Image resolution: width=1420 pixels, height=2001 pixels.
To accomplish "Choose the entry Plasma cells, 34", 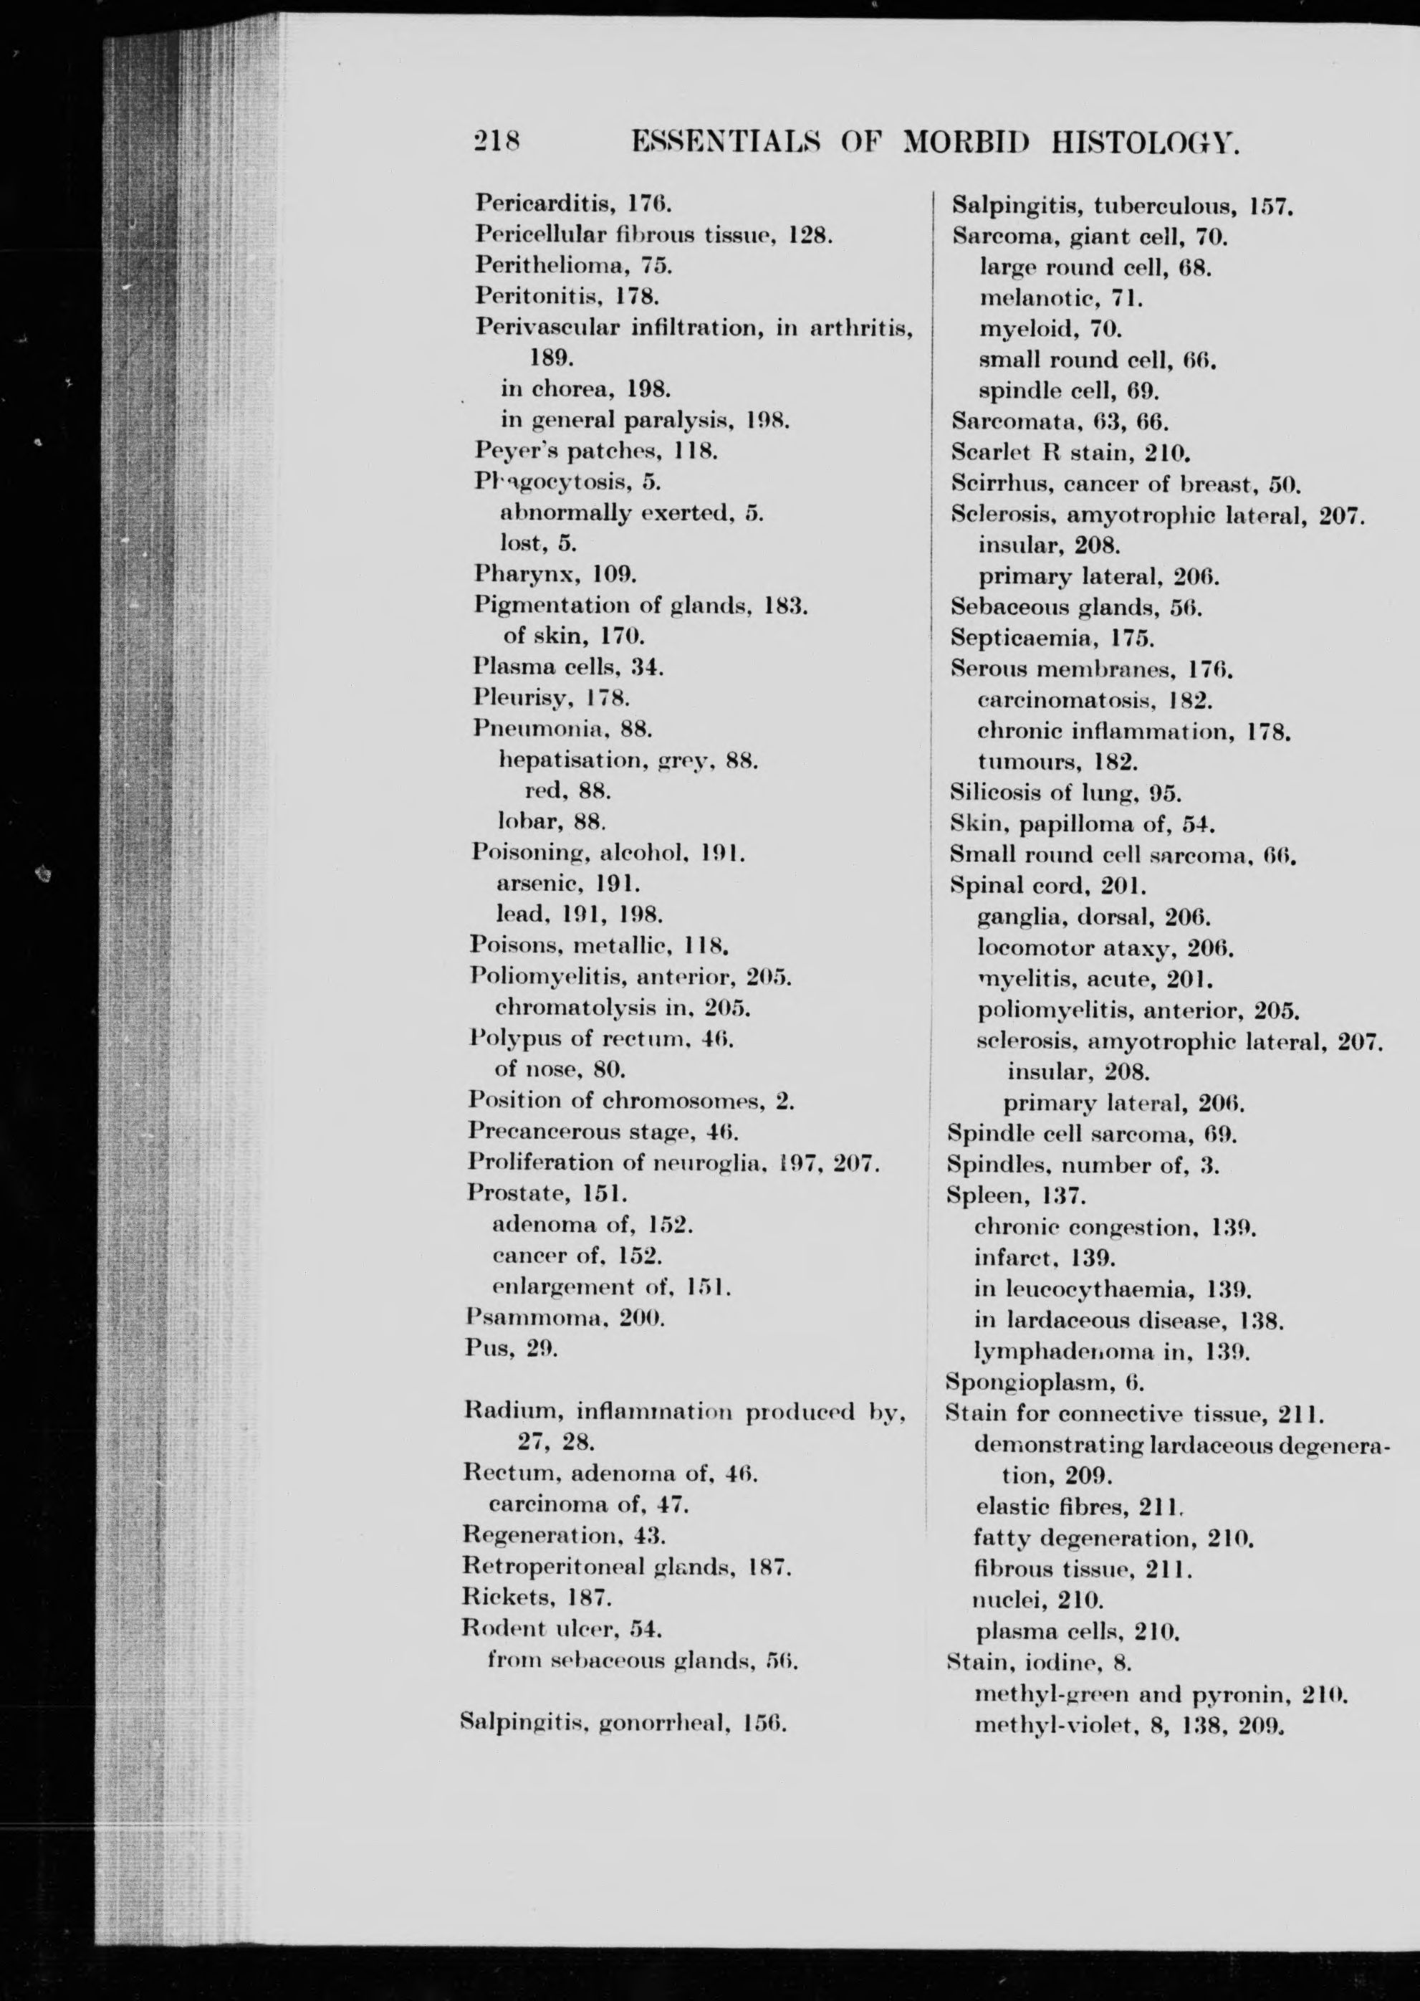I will [x=567, y=667].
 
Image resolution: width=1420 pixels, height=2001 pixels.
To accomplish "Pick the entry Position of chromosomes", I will [x=630, y=1099].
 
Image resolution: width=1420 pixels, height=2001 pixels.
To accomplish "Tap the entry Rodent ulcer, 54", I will [x=562, y=1628].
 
